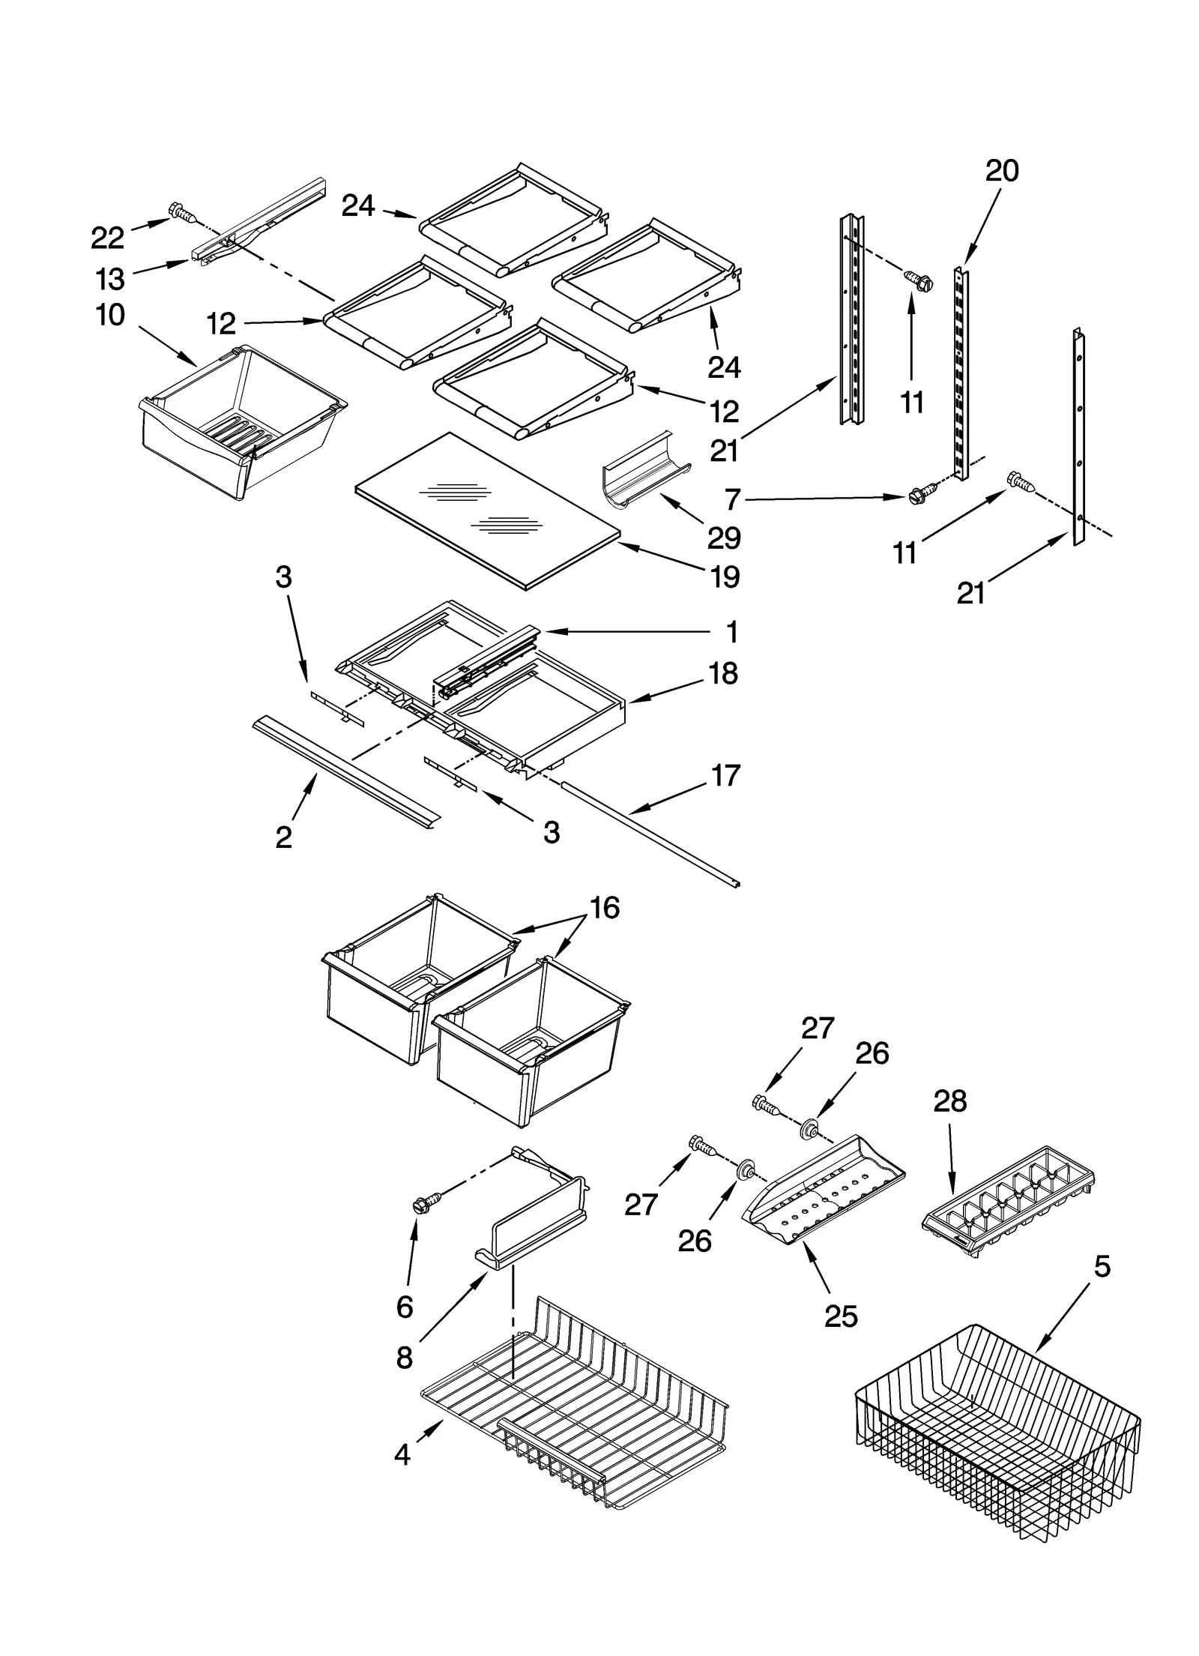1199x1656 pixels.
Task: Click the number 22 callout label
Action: tap(107, 238)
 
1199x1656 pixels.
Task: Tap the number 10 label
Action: tap(110, 315)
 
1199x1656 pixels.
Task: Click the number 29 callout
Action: tap(724, 538)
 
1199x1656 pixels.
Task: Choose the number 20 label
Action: tap(1001, 171)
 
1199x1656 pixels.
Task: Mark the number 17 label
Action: tap(725, 775)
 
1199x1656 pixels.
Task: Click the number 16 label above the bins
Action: tap(604, 908)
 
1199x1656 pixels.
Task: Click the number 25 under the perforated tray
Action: tap(840, 1316)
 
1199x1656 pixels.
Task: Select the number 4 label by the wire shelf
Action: tap(402, 1455)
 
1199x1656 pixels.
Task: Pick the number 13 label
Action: tap(109, 280)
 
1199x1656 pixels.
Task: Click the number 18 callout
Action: tap(723, 673)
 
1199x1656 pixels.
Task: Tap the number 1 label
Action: tap(731, 632)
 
